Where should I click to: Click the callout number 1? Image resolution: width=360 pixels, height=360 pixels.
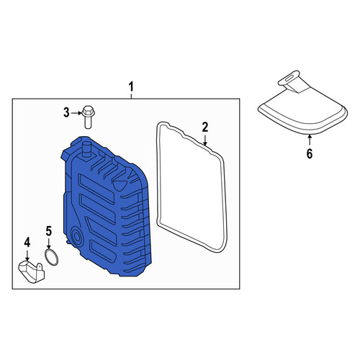coord(131,86)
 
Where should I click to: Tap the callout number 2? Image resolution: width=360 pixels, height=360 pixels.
coord(204,127)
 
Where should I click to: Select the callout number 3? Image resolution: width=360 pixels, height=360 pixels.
coord(66,112)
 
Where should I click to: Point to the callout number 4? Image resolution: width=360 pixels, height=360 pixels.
coord(27,242)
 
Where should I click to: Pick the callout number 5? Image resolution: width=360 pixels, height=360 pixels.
coord(49,231)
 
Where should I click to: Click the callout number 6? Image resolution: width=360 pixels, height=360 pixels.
coord(310,153)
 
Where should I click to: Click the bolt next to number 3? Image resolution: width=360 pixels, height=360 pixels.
coord(88,117)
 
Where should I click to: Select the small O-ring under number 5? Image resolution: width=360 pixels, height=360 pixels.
coord(51,258)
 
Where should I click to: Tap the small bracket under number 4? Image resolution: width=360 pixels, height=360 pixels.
coord(32,272)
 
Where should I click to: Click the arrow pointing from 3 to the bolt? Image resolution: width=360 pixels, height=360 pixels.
coord(76,112)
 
